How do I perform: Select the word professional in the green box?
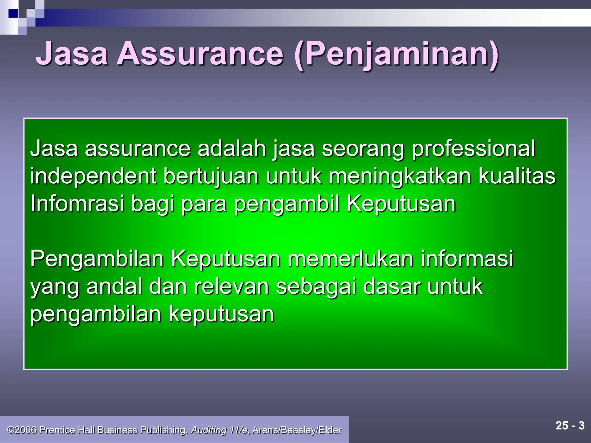coord(473,149)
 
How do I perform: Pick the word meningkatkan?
coord(400,176)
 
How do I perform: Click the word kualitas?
coord(517,176)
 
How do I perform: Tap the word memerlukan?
coord(350,259)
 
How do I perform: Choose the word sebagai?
coord(316,287)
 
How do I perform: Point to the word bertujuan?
coord(211,176)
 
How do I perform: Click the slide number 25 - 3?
coord(570,426)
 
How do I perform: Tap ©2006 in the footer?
coord(22,430)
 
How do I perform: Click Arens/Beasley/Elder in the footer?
coord(297,430)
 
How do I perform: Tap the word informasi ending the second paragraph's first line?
coord(467,259)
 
